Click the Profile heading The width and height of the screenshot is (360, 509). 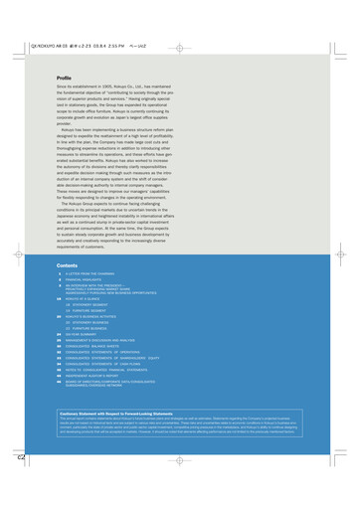tap(64, 77)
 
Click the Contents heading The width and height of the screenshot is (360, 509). tap(67, 265)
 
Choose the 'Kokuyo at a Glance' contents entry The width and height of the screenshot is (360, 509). tap(86, 300)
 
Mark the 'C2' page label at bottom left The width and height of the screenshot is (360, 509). tap(19, 485)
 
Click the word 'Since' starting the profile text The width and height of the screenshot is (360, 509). tap(62, 86)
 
